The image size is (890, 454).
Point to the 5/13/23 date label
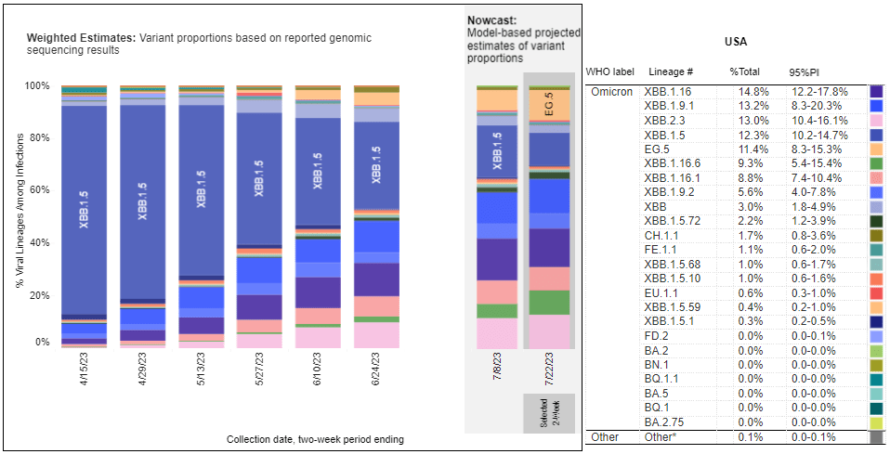point(200,375)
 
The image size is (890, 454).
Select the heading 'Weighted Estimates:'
point(81,38)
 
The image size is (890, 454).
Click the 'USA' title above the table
point(735,43)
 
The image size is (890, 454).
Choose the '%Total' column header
point(745,72)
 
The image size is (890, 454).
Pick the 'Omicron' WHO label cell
point(611,92)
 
